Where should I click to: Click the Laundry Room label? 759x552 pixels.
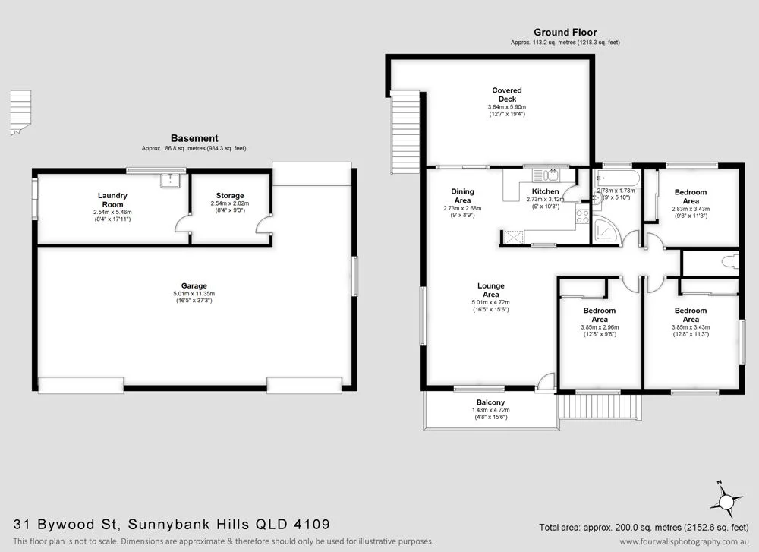point(112,199)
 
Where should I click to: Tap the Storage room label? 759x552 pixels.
point(229,196)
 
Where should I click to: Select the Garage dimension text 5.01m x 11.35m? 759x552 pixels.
point(194,294)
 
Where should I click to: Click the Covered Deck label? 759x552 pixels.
point(506,95)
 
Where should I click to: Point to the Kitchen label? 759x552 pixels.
point(545,191)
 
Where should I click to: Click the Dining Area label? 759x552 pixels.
point(462,196)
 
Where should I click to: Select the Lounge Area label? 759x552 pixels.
point(490,290)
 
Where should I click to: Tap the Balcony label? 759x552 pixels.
point(490,402)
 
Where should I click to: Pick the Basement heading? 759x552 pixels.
point(194,138)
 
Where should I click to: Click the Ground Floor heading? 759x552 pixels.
point(565,32)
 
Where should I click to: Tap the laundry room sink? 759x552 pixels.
point(170,181)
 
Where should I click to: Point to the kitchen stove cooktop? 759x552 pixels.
point(583,216)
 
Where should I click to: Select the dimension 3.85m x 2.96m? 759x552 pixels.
point(600,327)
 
